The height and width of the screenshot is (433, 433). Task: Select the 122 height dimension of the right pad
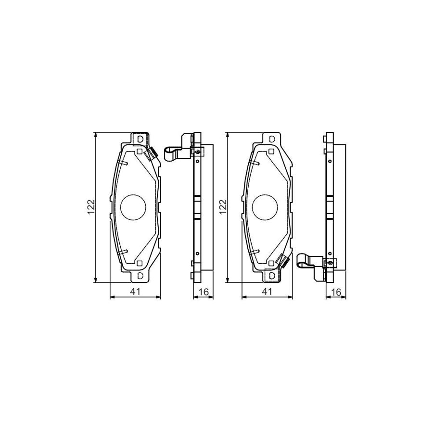[222, 207]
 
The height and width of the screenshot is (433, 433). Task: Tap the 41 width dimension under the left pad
[135, 291]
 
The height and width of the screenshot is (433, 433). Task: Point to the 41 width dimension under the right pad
[267, 291]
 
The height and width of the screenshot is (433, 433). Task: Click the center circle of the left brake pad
[133, 207]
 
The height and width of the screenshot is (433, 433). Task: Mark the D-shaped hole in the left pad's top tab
[140, 139]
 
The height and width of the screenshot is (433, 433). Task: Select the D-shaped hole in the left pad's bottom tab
[140, 276]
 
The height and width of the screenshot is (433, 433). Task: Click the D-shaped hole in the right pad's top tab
[271, 139]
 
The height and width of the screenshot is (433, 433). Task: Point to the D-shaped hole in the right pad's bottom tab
[271, 276]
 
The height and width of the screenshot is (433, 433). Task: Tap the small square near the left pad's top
[139, 152]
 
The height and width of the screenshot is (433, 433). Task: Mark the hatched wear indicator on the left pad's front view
[153, 153]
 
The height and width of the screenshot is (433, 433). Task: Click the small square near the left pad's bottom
[139, 263]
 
